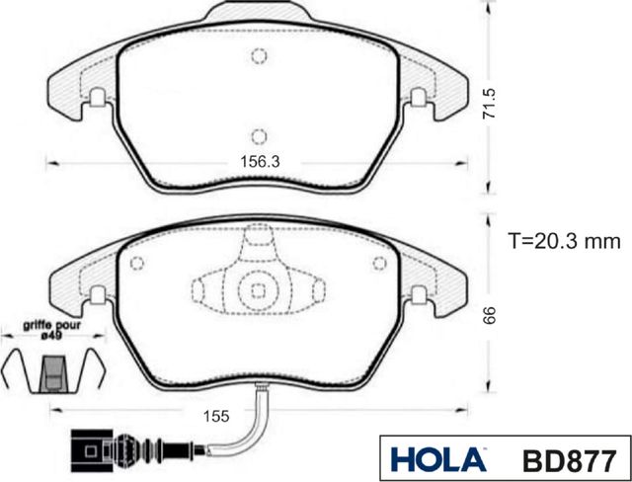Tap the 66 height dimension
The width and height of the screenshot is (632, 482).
(488, 315)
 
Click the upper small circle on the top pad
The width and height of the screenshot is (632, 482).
(258, 55)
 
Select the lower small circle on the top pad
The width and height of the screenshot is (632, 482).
(258, 135)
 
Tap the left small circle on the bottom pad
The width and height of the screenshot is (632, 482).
(138, 264)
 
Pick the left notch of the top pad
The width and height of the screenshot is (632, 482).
(98, 98)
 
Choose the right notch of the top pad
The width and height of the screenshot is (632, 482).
(418, 98)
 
